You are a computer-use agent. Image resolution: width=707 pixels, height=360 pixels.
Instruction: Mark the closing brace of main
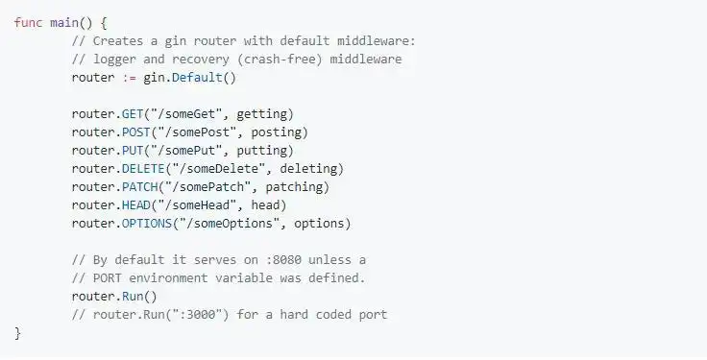pyautogui.click(x=17, y=332)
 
